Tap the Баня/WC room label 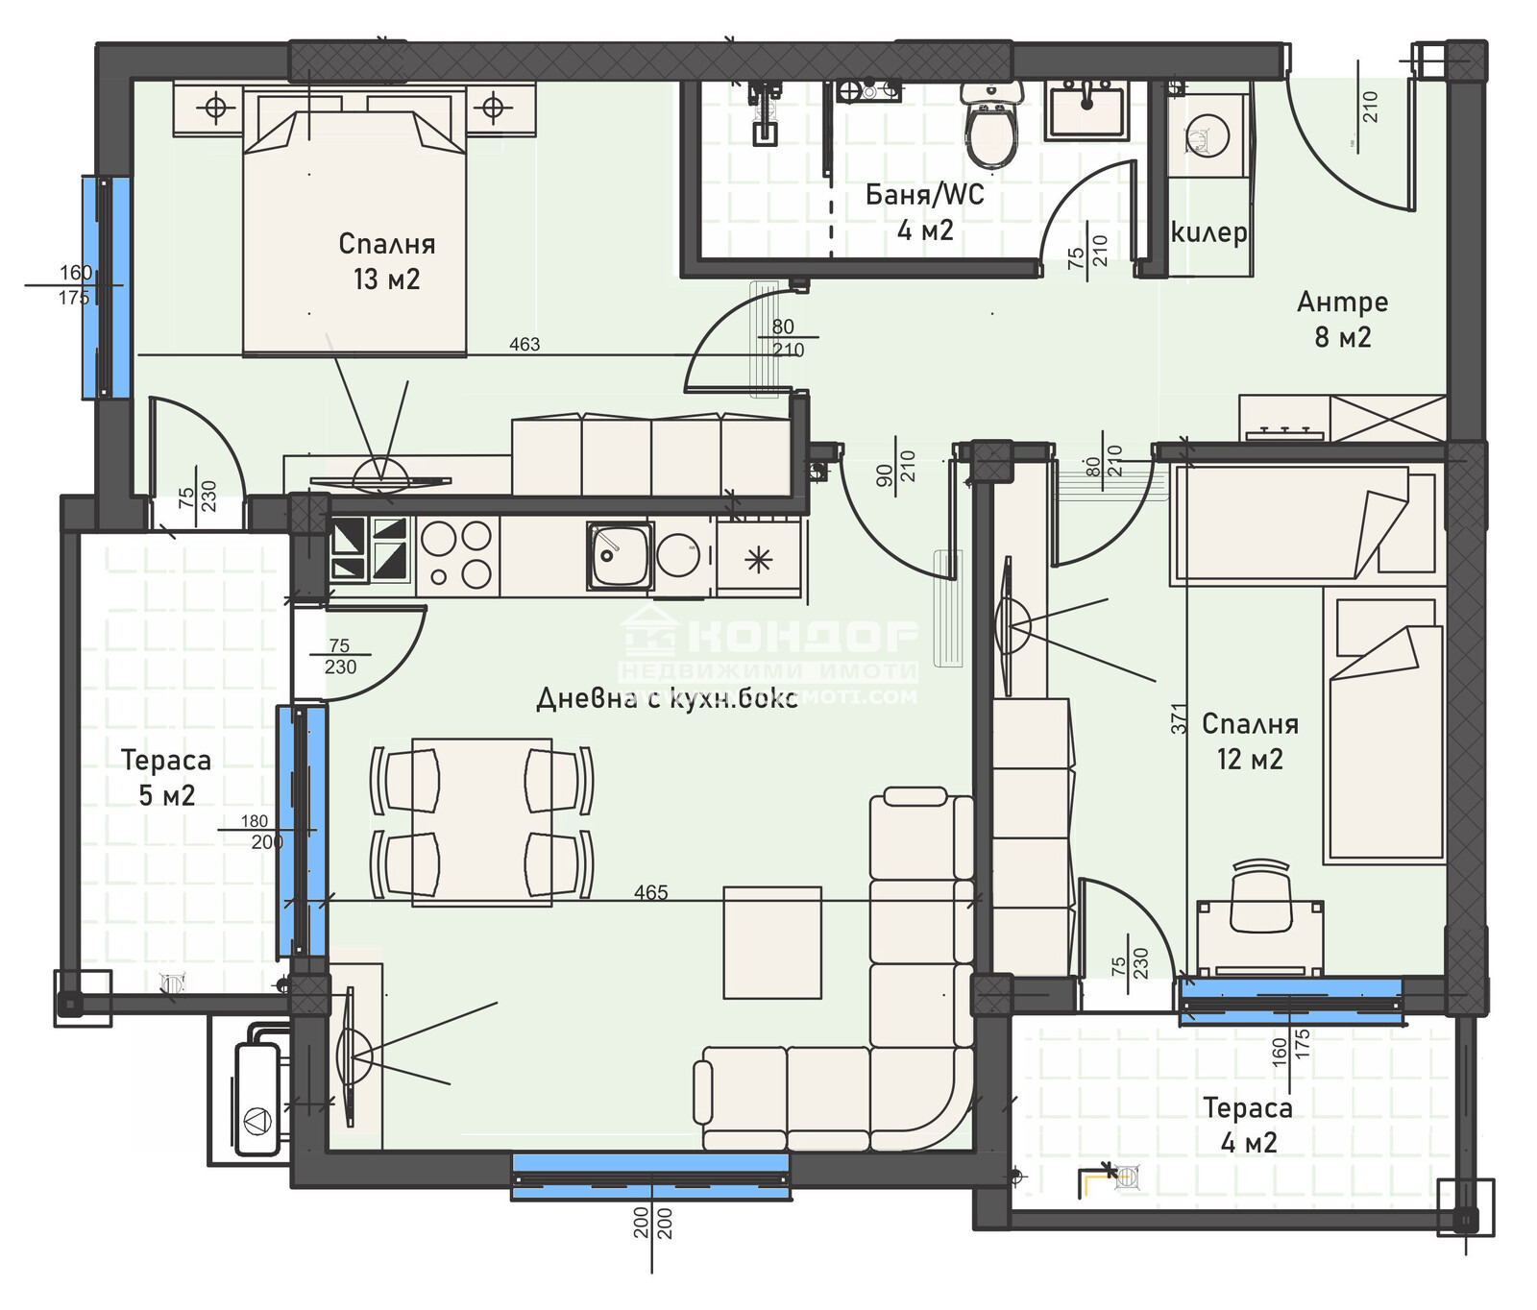click(924, 211)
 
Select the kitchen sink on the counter click(620, 555)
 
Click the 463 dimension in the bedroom click(525, 344)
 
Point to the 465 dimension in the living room click(650, 892)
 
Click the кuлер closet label click(1209, 232)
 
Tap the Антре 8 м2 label click(1342, 319)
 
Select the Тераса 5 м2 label click(166, 777)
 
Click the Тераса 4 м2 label click(1248, 1125)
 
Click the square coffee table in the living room click(772, 942)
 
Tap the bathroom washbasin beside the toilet click(1087, 110)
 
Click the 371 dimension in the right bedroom click(1179, 718)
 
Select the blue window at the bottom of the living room click(650, 1177)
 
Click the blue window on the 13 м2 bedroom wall click(106, 286)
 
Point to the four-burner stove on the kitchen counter click(456, 555)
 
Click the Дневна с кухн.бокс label click(667, 698)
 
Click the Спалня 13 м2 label click(386, 261)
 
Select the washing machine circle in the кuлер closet click(1208, 135)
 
